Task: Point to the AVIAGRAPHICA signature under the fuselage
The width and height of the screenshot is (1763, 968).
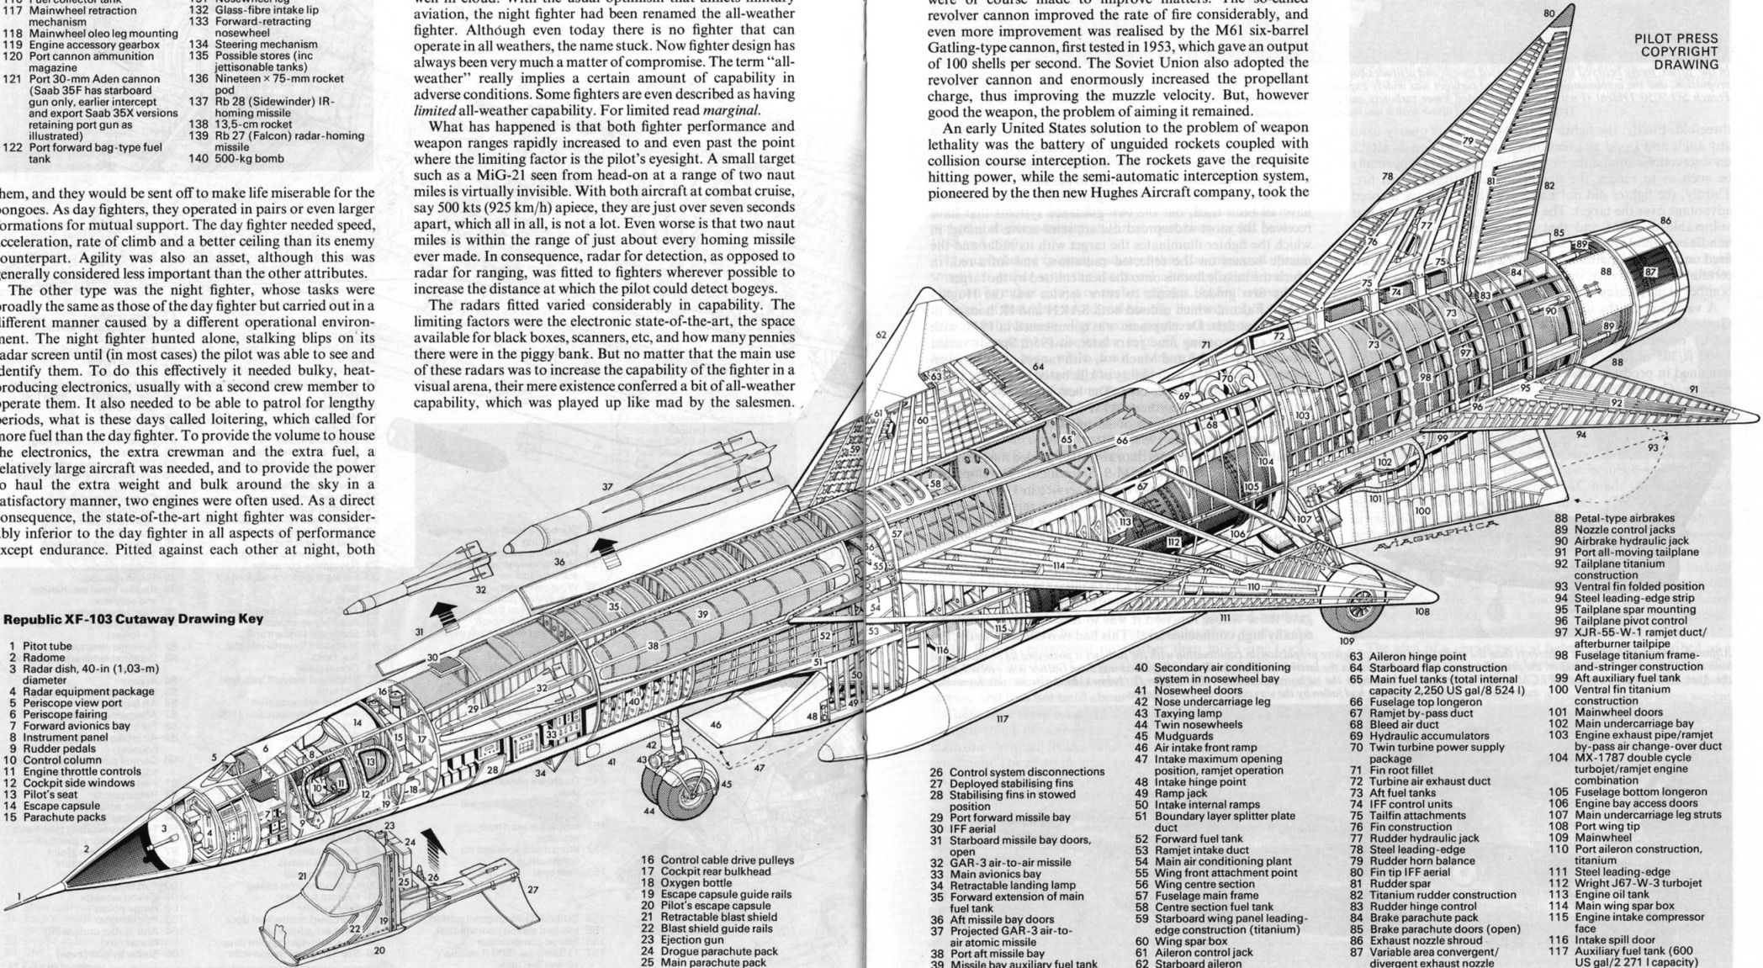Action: [1437, 537]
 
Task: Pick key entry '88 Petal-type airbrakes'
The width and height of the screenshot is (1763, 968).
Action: [1607, 518]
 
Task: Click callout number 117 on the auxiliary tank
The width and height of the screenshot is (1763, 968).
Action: [1002, 719]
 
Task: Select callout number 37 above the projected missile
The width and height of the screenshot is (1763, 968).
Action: [607, 487]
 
